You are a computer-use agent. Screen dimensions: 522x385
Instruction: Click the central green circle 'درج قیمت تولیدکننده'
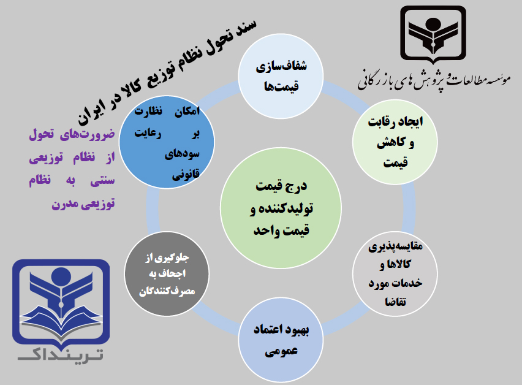point(281,208)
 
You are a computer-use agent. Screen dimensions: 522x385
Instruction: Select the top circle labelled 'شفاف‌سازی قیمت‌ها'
point(281,76)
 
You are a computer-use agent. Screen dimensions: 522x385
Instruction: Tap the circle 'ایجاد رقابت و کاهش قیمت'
point(395,142)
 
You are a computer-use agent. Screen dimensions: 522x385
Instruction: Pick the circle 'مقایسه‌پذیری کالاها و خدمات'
point(395,274)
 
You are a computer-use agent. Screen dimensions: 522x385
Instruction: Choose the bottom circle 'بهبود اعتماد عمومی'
point(281,340)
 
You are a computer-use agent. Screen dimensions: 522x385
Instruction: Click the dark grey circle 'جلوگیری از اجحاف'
point(167,274)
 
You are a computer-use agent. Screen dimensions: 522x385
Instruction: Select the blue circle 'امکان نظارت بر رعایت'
point(167,142)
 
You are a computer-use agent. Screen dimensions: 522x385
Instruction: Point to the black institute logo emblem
point(433,34)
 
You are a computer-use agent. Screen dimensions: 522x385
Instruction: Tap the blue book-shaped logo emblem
point(61,302)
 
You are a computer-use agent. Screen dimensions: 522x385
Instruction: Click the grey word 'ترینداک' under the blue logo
point(61,356)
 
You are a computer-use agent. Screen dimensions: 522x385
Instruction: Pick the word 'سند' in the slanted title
point(244,29)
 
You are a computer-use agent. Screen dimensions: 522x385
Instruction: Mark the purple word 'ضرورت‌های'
point(87,134)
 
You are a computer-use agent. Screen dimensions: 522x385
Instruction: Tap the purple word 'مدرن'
point(64,204)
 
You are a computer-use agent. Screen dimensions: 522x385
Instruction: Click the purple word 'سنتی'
point(102,180)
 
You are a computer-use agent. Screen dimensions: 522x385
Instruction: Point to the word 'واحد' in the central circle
point(266,231)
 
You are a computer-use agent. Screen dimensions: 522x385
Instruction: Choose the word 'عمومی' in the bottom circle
point(281,352)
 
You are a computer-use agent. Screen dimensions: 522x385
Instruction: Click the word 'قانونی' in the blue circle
point(186,174)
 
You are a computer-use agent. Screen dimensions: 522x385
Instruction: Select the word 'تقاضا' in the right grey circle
point(396,302)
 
